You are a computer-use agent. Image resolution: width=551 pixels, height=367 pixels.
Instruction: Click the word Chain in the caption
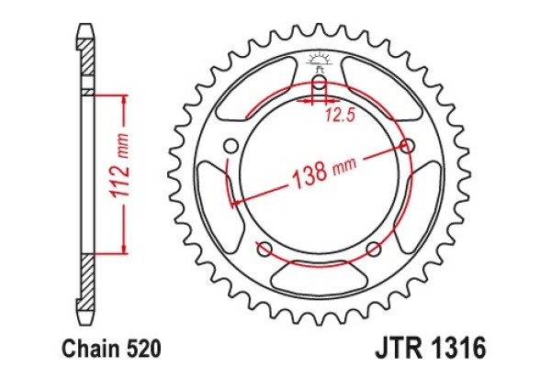tap(87, 349)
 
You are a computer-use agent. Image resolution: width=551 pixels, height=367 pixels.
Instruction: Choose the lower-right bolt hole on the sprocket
tap(373, 248)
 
